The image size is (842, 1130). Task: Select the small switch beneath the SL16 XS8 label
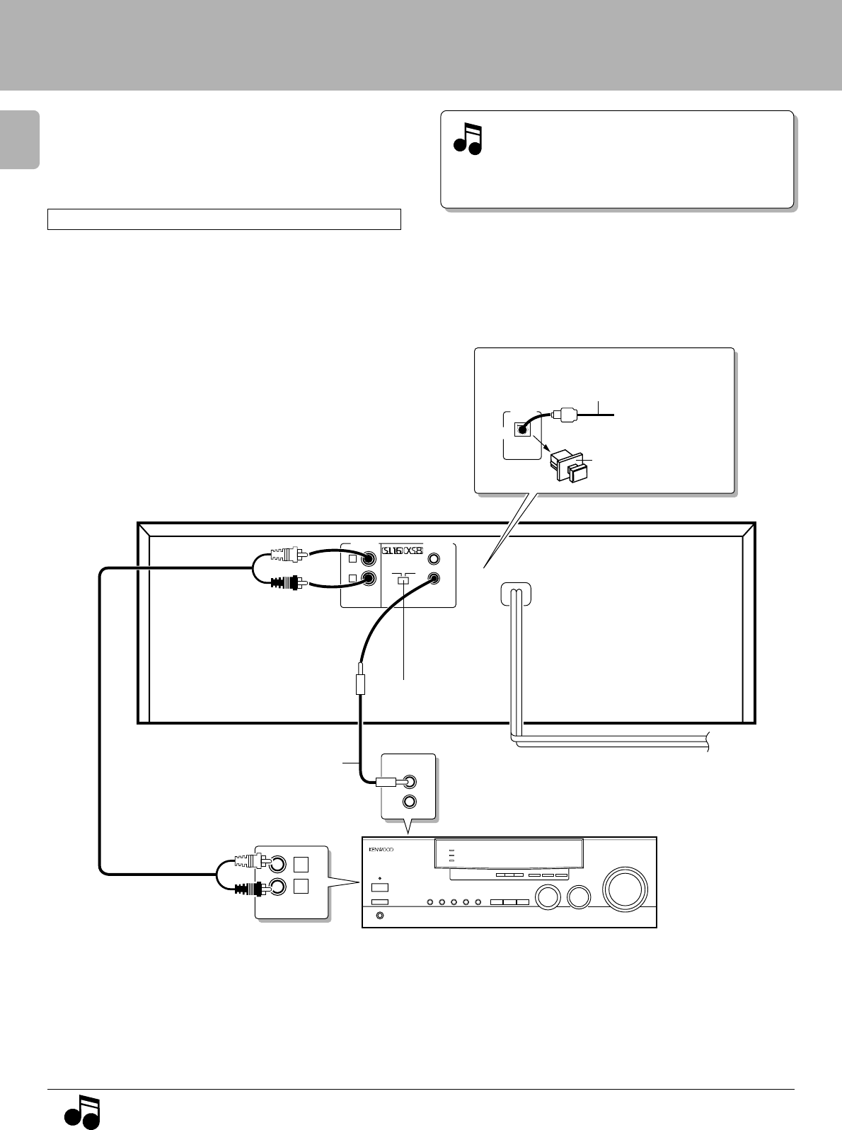(403, 580)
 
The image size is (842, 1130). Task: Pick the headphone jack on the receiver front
(381, 917)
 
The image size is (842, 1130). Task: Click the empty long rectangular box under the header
(224, 219)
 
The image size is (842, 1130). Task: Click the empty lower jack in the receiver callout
(408, 802)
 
